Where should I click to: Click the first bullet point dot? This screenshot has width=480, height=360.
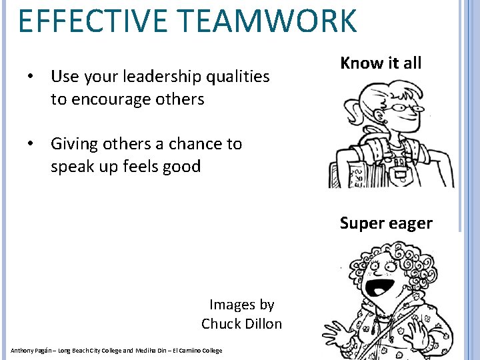tap(31, 77)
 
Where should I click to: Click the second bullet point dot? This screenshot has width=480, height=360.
tap(31, 144)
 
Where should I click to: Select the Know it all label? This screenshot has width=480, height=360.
tap(381, 63)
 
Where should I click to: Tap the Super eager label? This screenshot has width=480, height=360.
tap(386, 223)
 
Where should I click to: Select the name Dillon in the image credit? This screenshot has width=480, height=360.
tap(263, 324)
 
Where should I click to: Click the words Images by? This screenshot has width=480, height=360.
tap(242, 305)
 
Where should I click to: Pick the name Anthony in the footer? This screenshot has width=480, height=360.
tap(23, 351)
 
